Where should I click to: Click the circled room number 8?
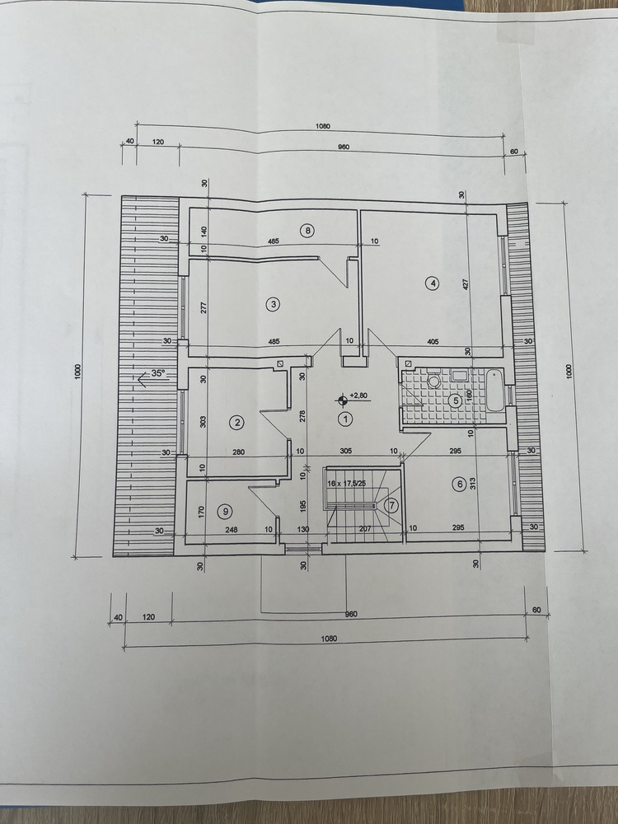tap(307, 230)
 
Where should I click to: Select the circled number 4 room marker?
tap(433, 283)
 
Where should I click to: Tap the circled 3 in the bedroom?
tap(273, 304)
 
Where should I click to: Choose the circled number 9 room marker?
tap(225, 510)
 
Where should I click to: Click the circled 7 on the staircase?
tap(391, 506)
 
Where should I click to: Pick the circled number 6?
tap(460, 484)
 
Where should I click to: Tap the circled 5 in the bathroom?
tap(456, 400)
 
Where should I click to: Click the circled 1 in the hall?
tap(346, 419)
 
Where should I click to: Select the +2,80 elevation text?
tap(358, 396)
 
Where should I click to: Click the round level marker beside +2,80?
tap(342, 400)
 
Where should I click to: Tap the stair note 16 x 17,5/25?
tap(346, 483)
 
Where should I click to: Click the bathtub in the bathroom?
tap(495, 391)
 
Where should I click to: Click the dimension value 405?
tap(433, 342)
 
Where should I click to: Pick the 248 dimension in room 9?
tap(231, 530)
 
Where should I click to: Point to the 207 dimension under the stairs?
tap(365, 529)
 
